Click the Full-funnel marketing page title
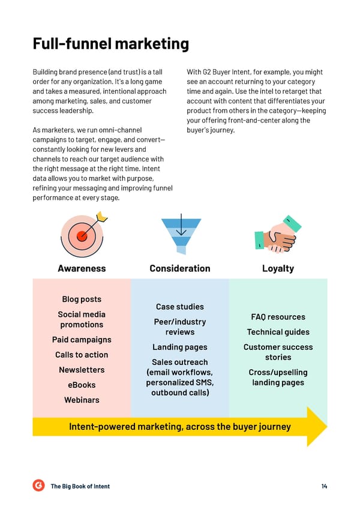coord(110,44)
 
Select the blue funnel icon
coord(181,233)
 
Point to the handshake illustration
coord(278,234)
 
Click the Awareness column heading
coord(82,268)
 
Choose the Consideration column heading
coord(180,268)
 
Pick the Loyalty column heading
coord(278,269)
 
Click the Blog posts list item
coord(82,300)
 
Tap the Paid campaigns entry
coord(82,340)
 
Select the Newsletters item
coord(82,370)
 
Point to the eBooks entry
coord(82,385)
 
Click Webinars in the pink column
coord(82,400)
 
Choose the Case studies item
coord(180,307)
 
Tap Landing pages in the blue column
coord(180,348)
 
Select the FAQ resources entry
coord(278,317)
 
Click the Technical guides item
coord(278,332)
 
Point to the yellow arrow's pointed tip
coord(326,427)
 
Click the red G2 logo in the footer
coord(38,486)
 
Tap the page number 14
coord(324,486)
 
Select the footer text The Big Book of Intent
coord(80,486)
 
